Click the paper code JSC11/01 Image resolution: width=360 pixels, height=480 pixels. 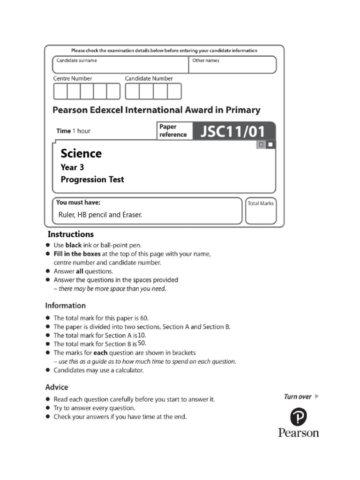[233, 131]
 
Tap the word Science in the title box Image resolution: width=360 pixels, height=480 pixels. [81, 154]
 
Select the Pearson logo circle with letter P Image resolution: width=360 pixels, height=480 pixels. [298, 417]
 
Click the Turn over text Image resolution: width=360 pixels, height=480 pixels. [298, 397]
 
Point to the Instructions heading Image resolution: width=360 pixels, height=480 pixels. [71, 234]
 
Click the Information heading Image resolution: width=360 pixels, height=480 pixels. [66, 306]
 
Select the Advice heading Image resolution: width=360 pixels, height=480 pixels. [57, 387]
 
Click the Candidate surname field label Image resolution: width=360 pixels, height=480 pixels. [77, 60]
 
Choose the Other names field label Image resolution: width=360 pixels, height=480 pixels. [206, 60]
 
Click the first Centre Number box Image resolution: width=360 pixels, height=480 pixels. [60, 91]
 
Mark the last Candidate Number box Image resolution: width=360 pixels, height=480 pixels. [174, 91]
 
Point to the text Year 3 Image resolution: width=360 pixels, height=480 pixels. [72, 167]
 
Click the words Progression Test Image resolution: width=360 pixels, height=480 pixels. [92, 180]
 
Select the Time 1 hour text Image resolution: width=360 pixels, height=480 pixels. [74, 131]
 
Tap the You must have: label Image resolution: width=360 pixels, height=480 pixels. [78, 203]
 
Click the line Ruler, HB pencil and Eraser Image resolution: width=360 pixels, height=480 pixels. [100, 215]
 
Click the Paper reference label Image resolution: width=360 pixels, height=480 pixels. [173, 131]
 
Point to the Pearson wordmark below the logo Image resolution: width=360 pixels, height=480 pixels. [298, 433]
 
